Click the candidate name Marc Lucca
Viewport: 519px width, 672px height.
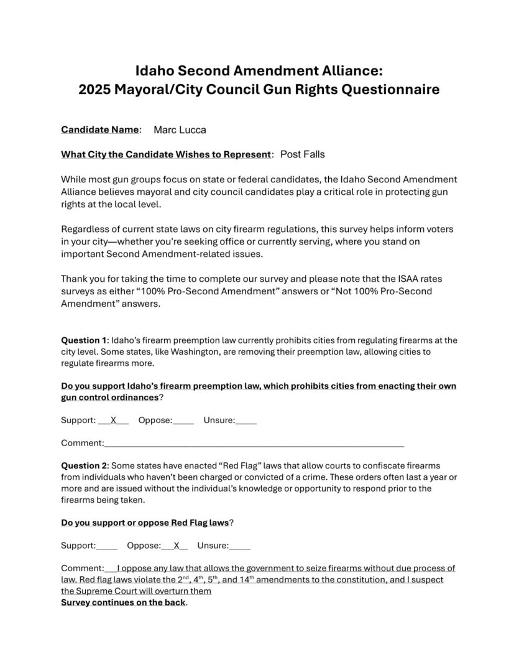pos(180,130)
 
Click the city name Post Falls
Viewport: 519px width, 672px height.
pos(303,154)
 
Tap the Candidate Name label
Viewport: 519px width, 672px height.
pos(99,130)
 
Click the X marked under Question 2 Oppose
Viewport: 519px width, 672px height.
pos(177,546)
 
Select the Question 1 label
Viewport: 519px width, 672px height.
pos(84,340)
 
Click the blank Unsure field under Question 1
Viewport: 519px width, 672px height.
pos(246,421)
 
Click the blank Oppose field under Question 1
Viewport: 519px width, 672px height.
pos(183,421)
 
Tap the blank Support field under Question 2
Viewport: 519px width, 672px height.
pos(107,546)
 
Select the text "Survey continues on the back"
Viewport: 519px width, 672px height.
pos(123,603)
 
